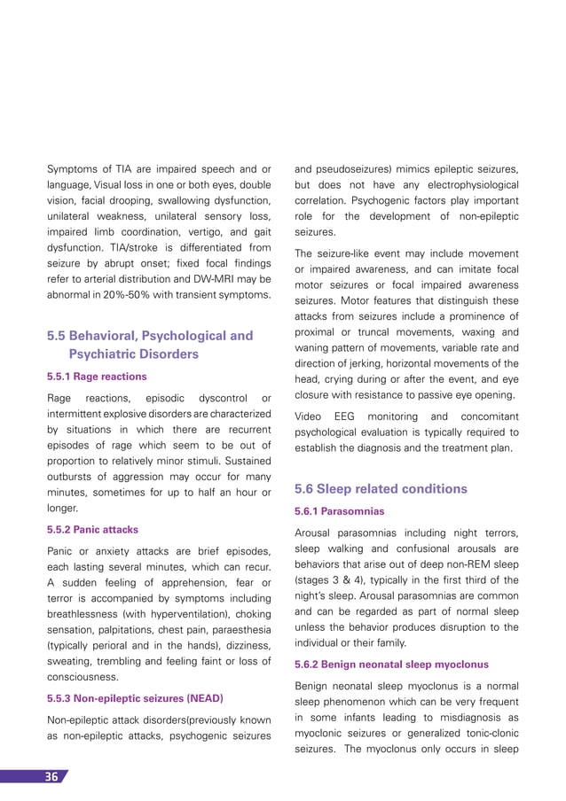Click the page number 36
tap(51, 777)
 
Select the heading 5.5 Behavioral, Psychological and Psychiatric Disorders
tap(149, 345)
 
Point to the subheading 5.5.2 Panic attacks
tap(92, 529)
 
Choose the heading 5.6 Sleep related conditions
tap(381, 488)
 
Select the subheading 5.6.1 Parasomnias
tap(340, 510)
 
